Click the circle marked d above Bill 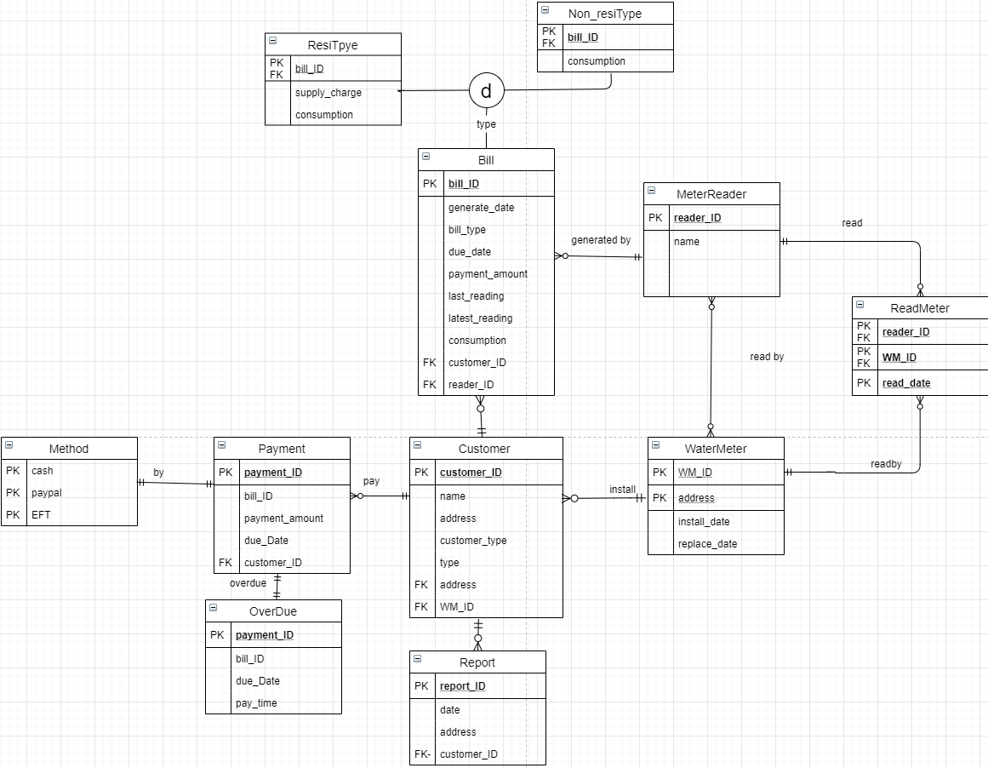pos(487,89)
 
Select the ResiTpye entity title pos(333,45)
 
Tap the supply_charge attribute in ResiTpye pos(328,93)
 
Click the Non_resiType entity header pos(604,14)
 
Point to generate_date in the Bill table pos(481,208)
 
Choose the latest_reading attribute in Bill pos(480,318)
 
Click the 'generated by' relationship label pos(601,240)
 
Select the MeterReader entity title pos(711,194)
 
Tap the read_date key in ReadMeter pos(906,383)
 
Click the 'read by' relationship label pos(767,357)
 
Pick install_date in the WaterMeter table pos(704,522)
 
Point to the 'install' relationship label pos(622,490)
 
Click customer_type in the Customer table pos(473,541)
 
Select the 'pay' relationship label pos(371,481)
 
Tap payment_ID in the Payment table pos(272,473)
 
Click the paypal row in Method pos(47,493)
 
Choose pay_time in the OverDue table pos(256,703)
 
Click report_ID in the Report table pos(462,686)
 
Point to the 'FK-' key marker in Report pos(422,754)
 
